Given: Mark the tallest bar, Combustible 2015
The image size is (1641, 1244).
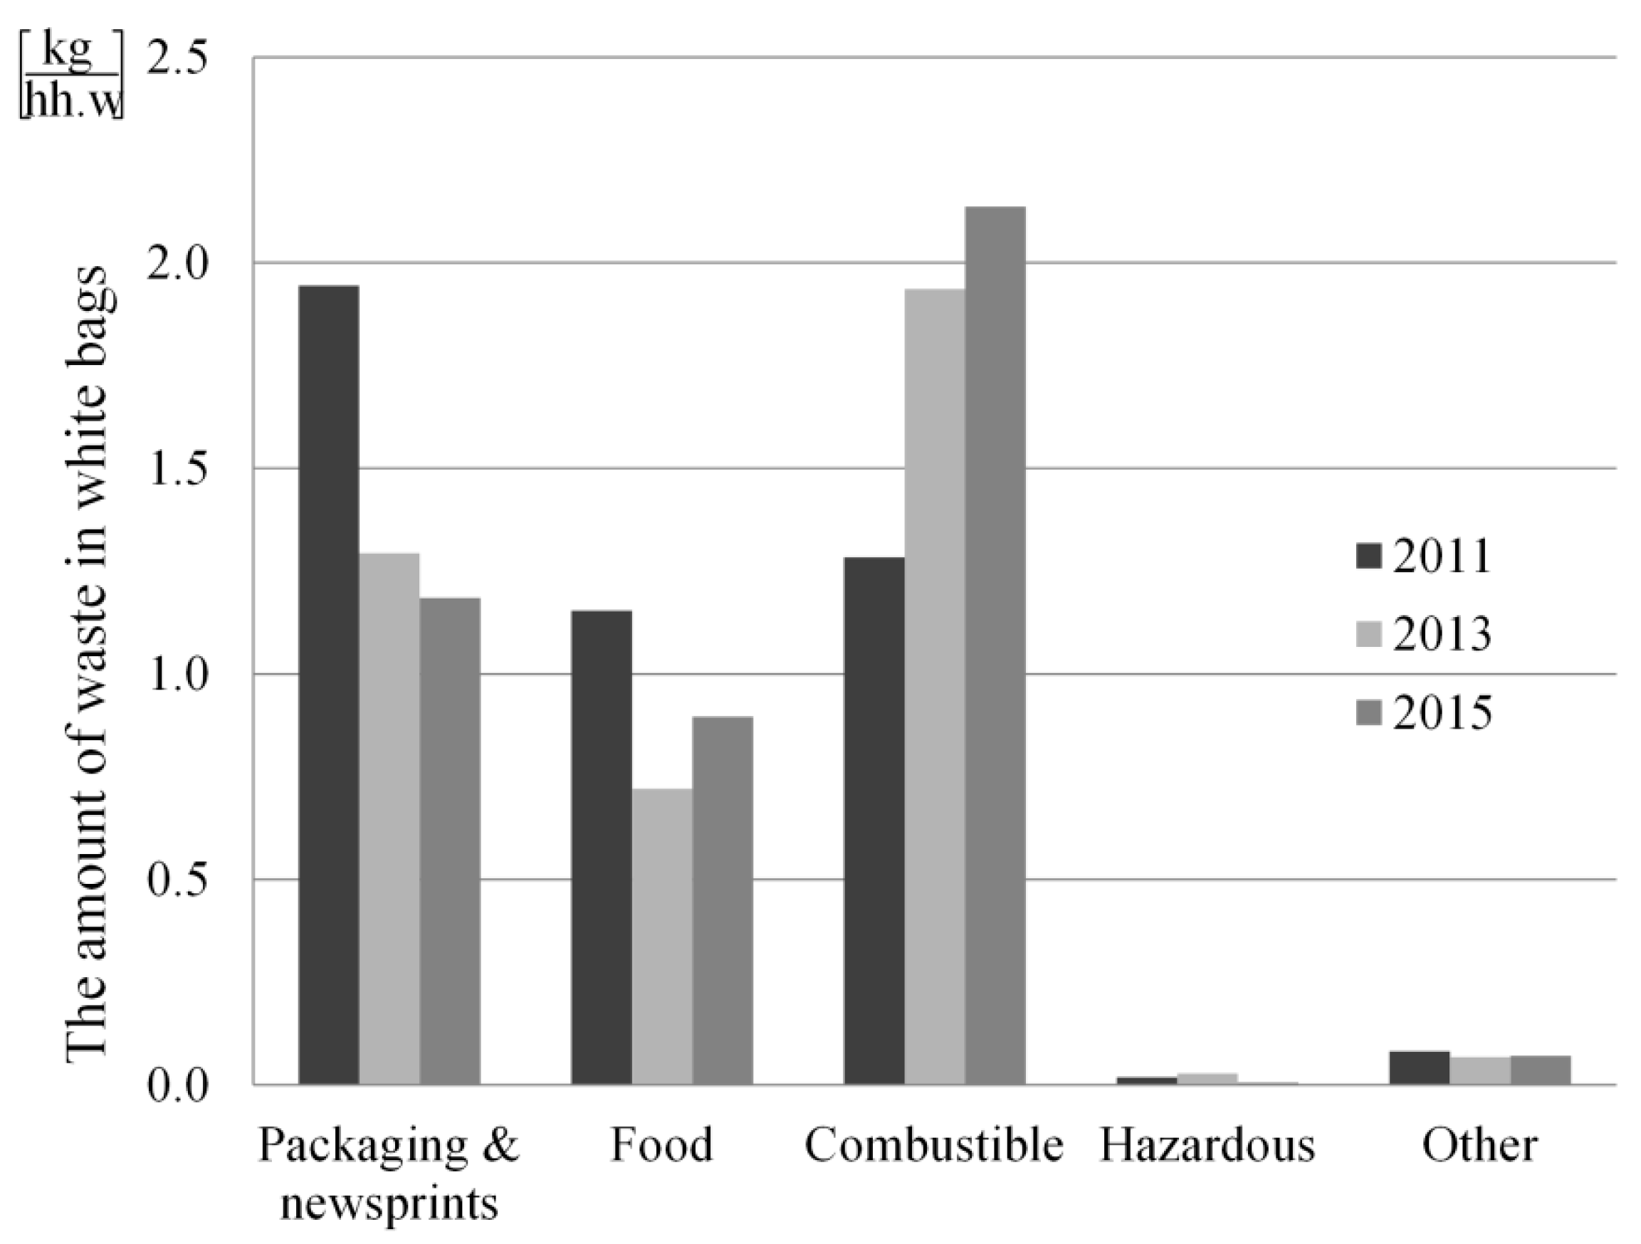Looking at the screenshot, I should [995, 645].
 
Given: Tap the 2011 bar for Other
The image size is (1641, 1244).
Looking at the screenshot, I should [1419, 1068].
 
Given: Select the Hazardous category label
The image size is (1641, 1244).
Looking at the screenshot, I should [1207, 1144].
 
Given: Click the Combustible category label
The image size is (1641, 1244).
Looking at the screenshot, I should [934, 1144].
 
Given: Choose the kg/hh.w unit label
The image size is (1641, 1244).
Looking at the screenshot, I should [71, 77].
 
